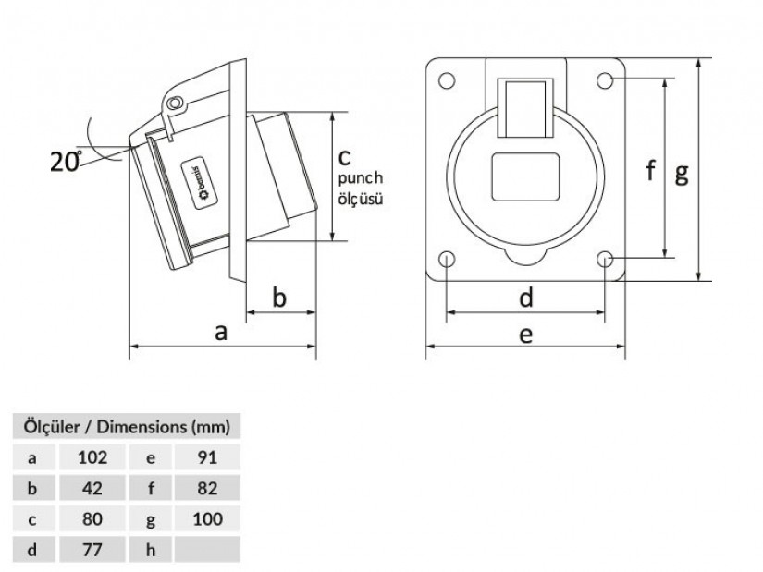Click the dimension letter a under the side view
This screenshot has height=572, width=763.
220,332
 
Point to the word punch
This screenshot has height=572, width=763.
360,179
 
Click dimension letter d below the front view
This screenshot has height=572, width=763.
525,298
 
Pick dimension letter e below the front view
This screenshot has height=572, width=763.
525,334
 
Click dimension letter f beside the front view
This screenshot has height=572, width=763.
651,170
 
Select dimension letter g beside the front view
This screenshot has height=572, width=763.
681,172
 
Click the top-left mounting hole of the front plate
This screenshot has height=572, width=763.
447,80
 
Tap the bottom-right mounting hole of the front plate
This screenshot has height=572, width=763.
605,259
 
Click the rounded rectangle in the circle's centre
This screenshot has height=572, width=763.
525,176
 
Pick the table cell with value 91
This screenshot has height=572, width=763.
208,456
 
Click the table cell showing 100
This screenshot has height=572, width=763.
208,519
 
